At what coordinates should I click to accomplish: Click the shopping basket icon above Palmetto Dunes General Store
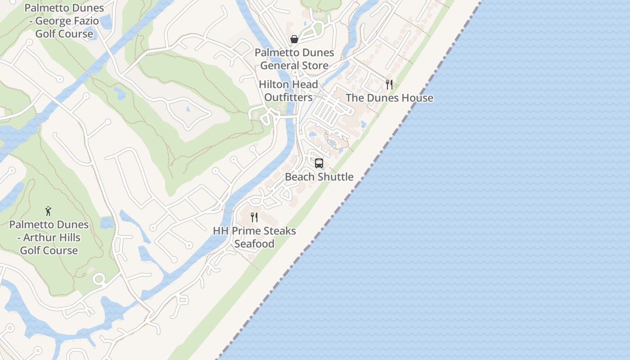click(294, 39)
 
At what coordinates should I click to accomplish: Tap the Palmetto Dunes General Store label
click(294, 59)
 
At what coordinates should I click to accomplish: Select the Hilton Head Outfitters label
click(288, 90)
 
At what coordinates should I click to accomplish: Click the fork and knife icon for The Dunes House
click(389, 84)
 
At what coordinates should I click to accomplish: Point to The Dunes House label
click(389, 98)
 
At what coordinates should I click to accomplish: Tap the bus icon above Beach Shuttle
click(319, 163)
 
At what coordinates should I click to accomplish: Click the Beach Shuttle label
click(319, 177)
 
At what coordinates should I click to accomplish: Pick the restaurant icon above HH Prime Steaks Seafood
click(254, 217)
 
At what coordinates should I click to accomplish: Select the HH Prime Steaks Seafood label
click(254, 237)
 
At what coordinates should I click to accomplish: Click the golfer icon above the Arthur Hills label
click(49, 211)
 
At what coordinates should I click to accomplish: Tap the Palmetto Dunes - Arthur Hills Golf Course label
click(49, 237)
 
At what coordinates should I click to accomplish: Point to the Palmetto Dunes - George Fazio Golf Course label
click(64, 21)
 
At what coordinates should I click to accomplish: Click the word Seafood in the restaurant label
click(254, 244)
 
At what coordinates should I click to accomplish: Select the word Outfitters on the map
click(288, 97)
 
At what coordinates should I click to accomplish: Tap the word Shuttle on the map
click(335, 177)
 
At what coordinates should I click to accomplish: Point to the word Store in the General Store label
click(314, 66)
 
